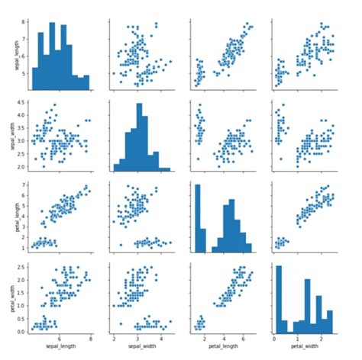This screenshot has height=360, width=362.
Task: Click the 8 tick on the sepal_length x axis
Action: click(92, 339)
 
